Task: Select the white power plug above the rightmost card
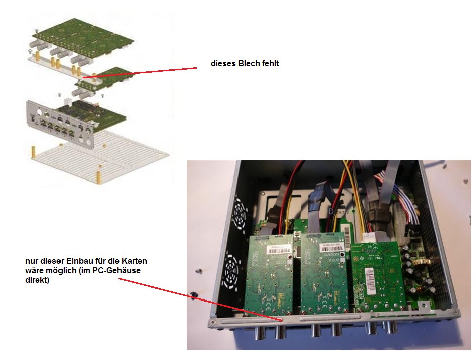375,235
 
